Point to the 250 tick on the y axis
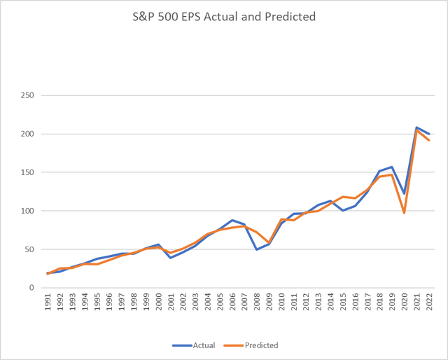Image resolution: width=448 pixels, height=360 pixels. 29,95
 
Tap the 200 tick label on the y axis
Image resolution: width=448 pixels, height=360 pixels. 29,134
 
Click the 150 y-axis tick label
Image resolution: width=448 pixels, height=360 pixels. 29,172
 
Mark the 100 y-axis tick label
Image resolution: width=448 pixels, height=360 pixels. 29,211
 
